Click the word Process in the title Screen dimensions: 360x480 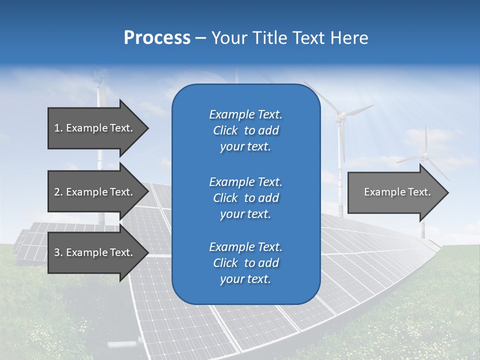point(157,38)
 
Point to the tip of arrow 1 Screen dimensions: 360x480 point(147,128)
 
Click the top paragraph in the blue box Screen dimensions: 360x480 point(245,130)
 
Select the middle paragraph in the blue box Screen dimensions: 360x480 point(245,197)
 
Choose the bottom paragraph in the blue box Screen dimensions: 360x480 point(245,262)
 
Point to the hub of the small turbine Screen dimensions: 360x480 point(425,155)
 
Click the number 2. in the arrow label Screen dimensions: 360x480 point(58,192)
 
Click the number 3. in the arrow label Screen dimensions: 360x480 point(58,252)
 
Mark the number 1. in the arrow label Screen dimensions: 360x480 point(58,128)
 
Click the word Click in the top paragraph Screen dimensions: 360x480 point(225,130)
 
